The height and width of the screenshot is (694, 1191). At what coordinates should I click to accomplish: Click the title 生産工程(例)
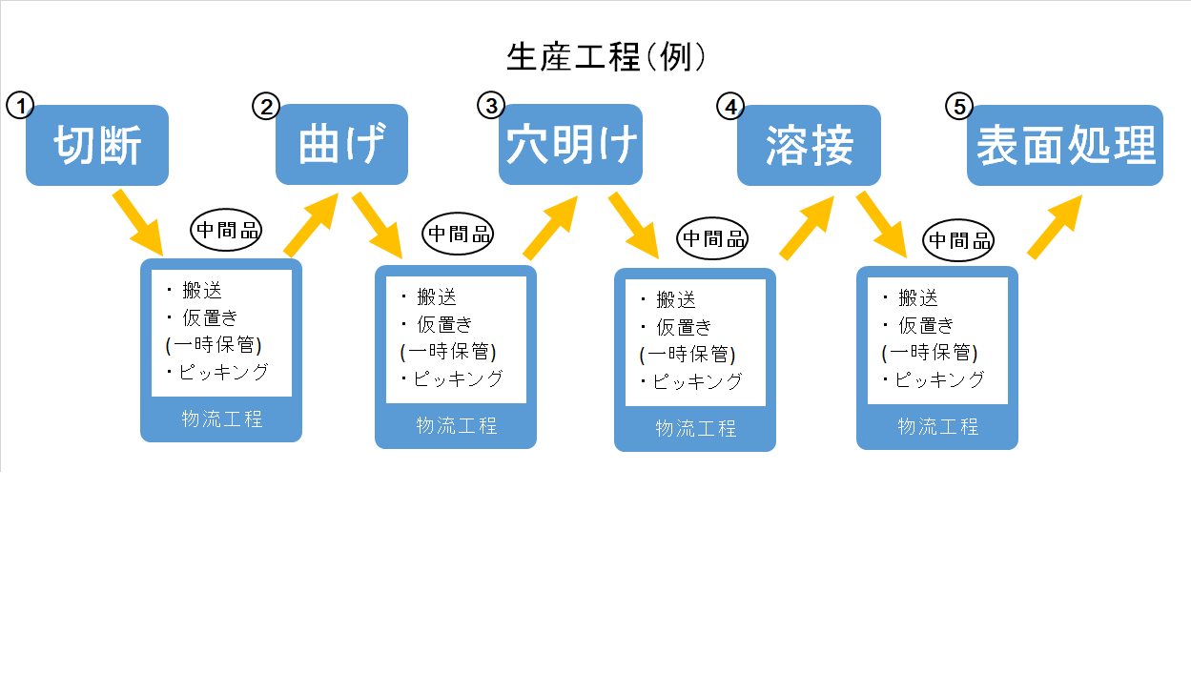(606, 58)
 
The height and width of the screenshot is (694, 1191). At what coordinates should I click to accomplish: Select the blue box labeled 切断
(97, 146)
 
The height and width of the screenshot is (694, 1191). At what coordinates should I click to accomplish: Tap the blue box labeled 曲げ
(341, 145)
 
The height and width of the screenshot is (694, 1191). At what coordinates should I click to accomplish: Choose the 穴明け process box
(570, 145)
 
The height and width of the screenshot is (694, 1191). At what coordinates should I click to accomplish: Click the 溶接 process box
(809, 146)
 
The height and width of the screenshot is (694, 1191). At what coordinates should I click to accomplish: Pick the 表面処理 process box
(1065, 146)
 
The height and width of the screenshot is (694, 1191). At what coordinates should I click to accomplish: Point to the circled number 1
(19, 105)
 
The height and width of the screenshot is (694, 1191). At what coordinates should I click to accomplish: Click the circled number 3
(490, 105)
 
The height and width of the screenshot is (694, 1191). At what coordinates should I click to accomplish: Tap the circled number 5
(958, 106)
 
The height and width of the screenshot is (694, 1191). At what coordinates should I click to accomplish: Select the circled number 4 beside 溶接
(729, 106)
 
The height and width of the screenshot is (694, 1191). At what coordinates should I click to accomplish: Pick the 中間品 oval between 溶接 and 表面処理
(960, 240)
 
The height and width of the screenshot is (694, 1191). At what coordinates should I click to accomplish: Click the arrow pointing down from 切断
(138, 222)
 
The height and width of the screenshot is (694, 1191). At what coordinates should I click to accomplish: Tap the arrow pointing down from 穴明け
(633, 224)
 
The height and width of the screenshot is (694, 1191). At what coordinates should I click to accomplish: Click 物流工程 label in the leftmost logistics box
(221, 418)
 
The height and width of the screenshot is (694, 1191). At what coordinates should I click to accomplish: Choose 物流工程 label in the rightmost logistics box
(937, 426)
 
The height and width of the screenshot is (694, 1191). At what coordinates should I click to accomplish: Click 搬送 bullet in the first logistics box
(201, 291)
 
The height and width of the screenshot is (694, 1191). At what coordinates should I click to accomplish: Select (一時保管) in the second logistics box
(447, 351)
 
